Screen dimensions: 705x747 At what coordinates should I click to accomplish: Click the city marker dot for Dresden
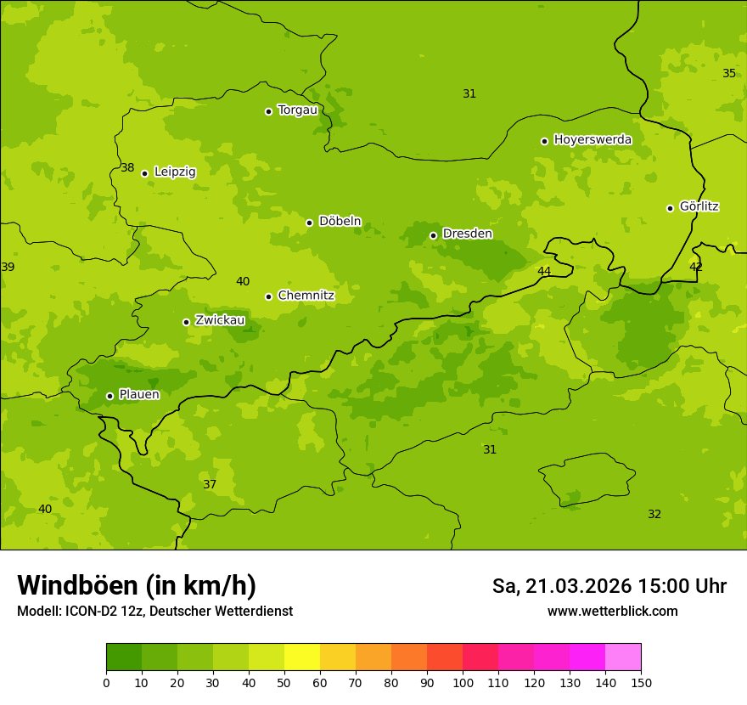[433, 235]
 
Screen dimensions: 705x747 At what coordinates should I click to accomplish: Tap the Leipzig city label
[175, 172]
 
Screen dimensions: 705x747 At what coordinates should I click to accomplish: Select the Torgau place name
[297, 110]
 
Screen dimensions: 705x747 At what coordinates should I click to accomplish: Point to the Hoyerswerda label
[593, 139]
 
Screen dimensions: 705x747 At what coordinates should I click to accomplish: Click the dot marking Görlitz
[670, 208]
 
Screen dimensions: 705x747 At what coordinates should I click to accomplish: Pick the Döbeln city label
[340, 221]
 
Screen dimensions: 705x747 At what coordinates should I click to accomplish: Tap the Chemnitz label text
[306, 296]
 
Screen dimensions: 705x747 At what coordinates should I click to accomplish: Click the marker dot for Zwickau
[186, 322]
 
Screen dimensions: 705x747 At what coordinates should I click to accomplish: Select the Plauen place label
[139, 394]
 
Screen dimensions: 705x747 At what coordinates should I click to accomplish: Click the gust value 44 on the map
[544, 271]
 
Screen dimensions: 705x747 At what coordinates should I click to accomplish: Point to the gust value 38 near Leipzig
[127, 168]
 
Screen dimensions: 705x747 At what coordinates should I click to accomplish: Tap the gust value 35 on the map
[729, 73]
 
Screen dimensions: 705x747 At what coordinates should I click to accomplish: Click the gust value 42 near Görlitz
[696, 267]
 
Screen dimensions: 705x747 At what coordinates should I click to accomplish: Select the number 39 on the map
[8, 267]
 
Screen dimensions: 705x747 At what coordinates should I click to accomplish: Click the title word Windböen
[77, 585]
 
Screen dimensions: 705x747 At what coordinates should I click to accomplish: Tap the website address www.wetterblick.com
[612, 611]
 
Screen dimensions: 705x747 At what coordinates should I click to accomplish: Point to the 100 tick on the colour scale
[463, 682]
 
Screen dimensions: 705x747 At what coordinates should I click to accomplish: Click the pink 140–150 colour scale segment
[623, 657]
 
